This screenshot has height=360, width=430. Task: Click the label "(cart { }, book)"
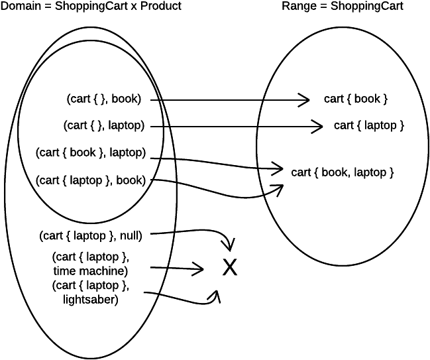tap(103, 99)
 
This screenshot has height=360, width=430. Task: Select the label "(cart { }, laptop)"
tap(104, 125)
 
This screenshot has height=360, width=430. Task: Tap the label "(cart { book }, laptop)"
tap(91, 152)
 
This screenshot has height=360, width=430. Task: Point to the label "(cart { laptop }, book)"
tap(91, 179)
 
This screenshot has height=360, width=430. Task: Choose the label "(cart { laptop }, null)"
tap(91, 234)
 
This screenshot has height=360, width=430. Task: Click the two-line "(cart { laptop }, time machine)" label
tap(90, 263)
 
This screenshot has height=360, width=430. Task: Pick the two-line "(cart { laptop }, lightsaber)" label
tap(90, 292)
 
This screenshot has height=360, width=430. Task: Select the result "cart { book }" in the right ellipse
tap(355, 99)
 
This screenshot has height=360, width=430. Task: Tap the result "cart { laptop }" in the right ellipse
tap(369, 125)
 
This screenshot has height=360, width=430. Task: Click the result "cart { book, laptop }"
tap(343, 172)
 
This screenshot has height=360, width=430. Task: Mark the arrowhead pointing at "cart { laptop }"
tap(318, 125)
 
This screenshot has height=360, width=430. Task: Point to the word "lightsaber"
tap(94, 300)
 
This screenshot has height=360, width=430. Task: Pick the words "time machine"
tap(90, 270)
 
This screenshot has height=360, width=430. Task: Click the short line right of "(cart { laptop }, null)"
tap(163, 233)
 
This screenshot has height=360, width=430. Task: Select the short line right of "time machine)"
tap(158, 267)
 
